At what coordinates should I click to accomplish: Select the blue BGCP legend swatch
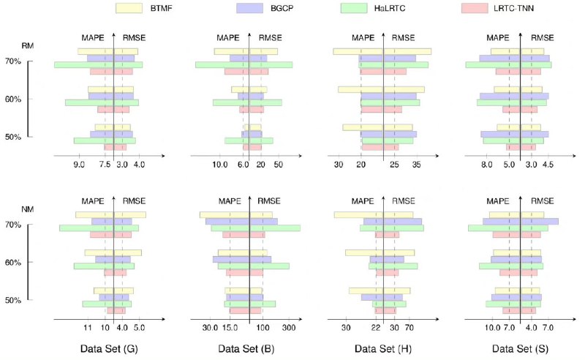point(255,8)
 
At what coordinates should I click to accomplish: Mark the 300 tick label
point(288,327)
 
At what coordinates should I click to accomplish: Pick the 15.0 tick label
point(230,327)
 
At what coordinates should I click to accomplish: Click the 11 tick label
point(88,327)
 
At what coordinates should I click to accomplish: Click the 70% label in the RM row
point(12,61)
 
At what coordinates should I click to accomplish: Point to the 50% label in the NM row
point(12,300)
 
